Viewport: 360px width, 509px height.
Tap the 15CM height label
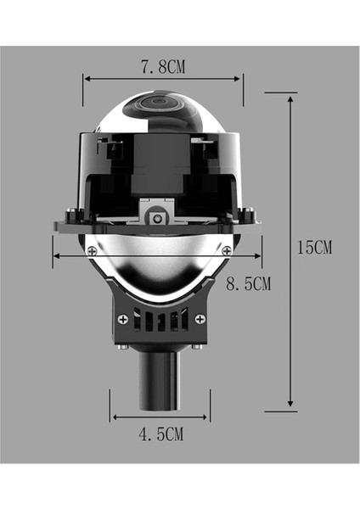coord(314,249)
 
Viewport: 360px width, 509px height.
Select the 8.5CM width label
coord(247,283)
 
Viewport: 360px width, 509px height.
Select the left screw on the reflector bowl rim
coord(92,249)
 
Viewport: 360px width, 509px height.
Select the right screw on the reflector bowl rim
coord(226,250)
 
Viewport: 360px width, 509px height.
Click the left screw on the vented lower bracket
coord(125,319)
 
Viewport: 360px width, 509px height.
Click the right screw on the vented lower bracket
coord(200,319)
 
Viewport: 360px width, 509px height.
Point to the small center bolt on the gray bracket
coord(156,217)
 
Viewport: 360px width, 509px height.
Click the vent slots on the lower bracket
coord(162,322)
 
